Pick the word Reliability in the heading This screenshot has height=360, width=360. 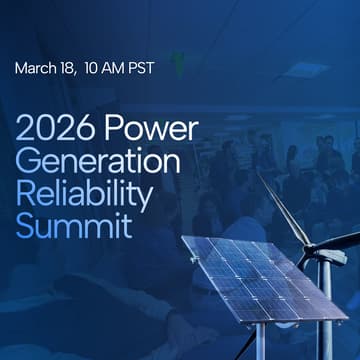pyautogui.click(x=84, y=194)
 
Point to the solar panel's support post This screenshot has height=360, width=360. pyautogui.click(x=259, y=340)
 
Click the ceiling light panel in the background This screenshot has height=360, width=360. pyautogui.click(x=306, y=70)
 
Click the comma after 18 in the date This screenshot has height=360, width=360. pyautogui.click(x=80, y=74)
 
